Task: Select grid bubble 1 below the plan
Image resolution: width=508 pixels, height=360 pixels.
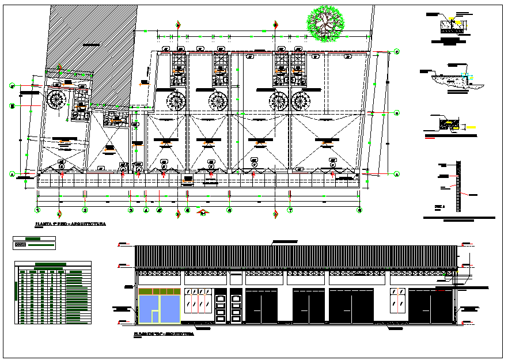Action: [37, 211]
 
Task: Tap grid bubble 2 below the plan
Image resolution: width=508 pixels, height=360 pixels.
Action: [84, 211]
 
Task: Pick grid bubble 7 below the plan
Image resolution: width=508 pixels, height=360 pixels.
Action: [290, 211]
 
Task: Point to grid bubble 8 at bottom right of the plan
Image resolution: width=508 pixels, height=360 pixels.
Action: [360, 211]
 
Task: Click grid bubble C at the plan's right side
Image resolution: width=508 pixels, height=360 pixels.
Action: [397, 52]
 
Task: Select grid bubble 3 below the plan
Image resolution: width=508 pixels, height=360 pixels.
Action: [131, 211]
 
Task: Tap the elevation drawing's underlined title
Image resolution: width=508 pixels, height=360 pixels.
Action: [164, 334]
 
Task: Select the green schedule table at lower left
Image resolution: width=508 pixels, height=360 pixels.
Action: [53, 292]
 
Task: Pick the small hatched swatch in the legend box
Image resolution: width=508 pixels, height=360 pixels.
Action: [20, 244]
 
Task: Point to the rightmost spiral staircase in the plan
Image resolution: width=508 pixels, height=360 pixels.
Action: [301, 101]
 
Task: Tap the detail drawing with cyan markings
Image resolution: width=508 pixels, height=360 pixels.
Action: [455, 78]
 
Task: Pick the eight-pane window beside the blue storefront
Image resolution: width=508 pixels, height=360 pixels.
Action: [197, 299]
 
